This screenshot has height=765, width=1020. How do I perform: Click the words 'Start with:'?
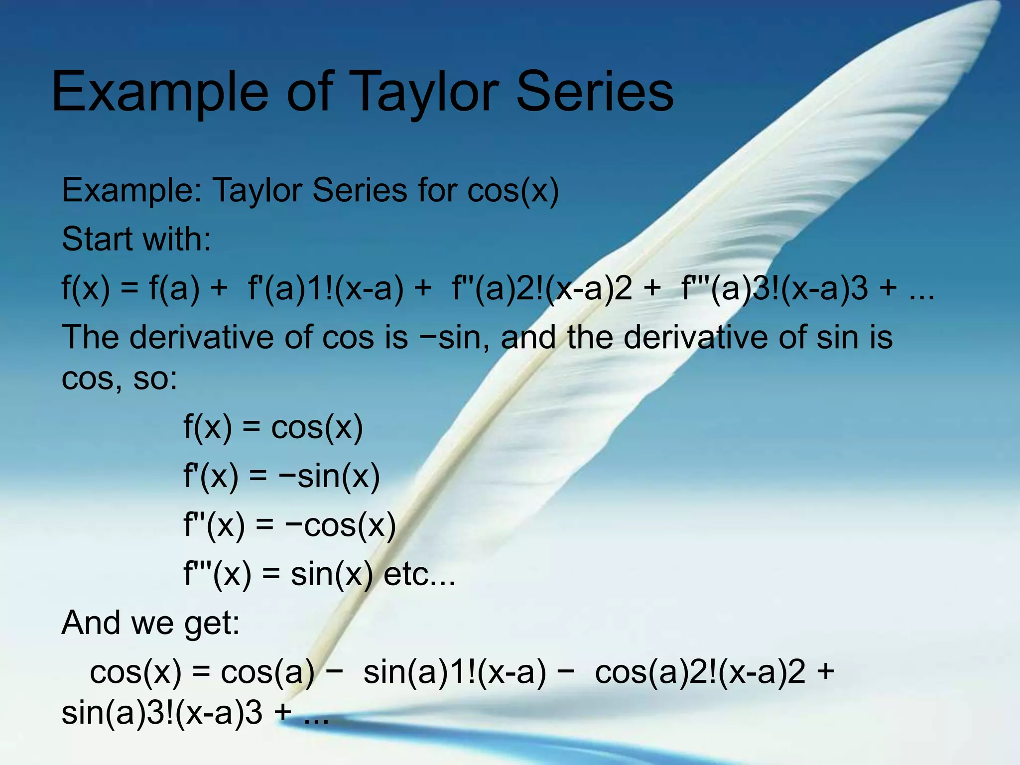pyautogui.click(x=136, y=239)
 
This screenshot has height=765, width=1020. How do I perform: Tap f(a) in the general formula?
pyautogui.click(x=174, y=288)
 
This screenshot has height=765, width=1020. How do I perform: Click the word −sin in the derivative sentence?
pyautogui.click(x=451, y=337)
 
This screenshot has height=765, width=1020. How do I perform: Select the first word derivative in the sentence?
pyautogui.click(x=202, y=337)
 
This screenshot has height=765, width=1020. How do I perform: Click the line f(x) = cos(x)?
pyautogui.click(x=273, y=427)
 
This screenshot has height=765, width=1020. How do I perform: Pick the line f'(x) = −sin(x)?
pyautogui.click(x=281, y=476)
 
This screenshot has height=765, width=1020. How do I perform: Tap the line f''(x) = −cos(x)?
pyautogui.click(x=289, y=525)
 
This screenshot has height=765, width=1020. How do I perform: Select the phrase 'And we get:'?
pyautogui.click(x=150, y=623)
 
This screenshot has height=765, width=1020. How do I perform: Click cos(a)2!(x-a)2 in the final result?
pyautogui.click(x=700, y=672)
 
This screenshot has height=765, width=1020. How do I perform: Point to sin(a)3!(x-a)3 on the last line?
pyautogui.click(x=162, y=713)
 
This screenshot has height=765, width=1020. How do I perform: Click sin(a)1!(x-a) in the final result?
pyautogui.click(x=454, y=672)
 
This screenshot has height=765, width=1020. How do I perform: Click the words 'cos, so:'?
pyautogui.click(x=119, y=378)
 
